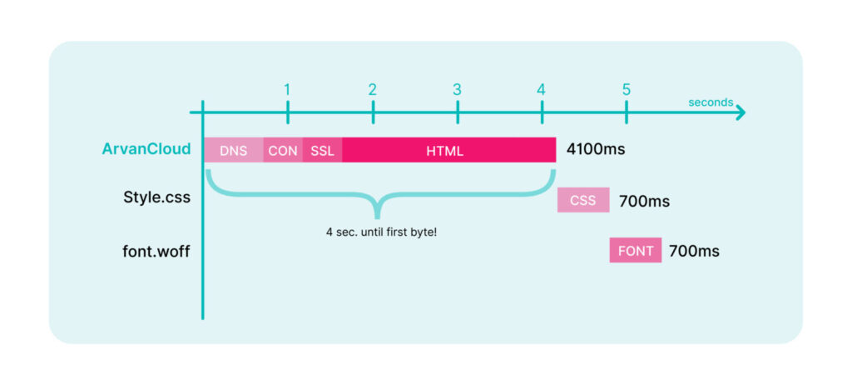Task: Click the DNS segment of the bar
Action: coord(234,150)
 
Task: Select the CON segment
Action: coord(283,150)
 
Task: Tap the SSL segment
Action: coord(323,150)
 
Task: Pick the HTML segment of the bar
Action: coord(449,150)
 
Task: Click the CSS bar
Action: coord(583,200)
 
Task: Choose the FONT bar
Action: coord(635,250)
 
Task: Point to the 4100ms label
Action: coord(596,149)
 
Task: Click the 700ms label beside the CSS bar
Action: coord(644,202)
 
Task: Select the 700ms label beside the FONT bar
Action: coord(694,251)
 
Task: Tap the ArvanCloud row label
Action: coord(146,149)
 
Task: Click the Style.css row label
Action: coord(157,197)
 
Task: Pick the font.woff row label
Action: coord(156,252)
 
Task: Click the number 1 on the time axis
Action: coord(287,89)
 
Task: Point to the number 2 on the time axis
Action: coord(372,89)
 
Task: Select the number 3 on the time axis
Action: coord(457,89)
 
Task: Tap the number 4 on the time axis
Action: coord(541,89)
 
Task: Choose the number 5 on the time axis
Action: coord(627,89)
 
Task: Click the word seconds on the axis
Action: coord(711,102)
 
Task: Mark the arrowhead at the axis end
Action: coord(741,113)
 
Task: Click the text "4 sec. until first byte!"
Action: coord(381,232)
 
